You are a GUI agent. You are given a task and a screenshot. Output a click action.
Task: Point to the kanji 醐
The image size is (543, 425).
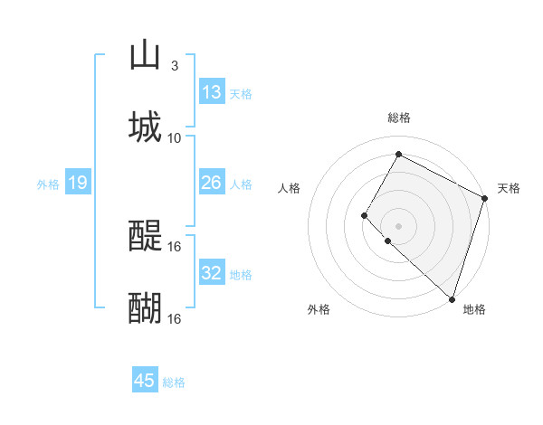click(x=146, y=307)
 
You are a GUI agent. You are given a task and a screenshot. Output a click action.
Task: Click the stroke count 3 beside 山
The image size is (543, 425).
click(x=174, y=66)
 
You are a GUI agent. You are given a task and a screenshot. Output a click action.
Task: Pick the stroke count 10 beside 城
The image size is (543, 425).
click(x=175, y=138)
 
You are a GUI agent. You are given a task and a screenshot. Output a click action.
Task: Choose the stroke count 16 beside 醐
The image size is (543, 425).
click(x=176, y=319)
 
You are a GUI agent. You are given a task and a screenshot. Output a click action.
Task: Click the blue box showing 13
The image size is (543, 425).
click(x=212, y=92)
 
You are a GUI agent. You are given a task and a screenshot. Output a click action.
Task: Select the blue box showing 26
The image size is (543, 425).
click(x=212, y=183)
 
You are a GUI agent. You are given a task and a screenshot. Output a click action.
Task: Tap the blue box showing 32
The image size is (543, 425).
click(x=212, y=273)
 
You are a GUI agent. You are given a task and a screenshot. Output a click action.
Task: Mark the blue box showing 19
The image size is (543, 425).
click(x=78, y=183)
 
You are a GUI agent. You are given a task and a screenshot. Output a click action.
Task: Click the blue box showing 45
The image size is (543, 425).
click(x=145, y=381)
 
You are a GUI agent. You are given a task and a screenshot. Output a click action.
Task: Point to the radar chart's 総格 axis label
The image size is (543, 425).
click(x=398, y=118)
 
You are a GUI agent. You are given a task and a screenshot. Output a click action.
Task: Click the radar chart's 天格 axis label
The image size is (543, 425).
click(x=509, y=188)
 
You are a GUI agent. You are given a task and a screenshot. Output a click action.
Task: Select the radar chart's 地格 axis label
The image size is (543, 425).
click(x=474, y=310)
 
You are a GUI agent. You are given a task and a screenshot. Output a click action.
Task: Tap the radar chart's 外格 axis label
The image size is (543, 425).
click(x=319, y=310)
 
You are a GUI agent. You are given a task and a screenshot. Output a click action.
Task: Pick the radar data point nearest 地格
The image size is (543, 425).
click(x=452, y=299)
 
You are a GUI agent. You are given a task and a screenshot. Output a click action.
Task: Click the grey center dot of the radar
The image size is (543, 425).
click(x=398, y=225)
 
